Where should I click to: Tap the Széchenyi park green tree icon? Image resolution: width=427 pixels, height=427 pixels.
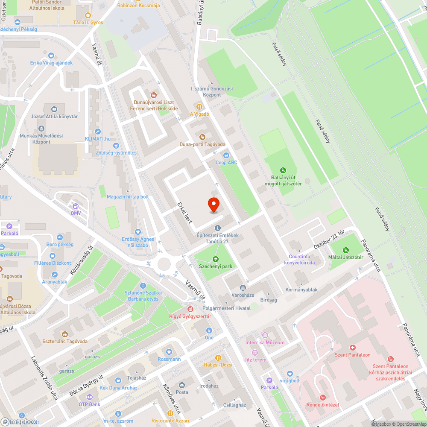(x=216, y=259)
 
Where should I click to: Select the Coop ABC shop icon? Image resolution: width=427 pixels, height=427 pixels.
(x=226, y=155)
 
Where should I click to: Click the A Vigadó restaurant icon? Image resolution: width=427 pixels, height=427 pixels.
(x=199, y=107)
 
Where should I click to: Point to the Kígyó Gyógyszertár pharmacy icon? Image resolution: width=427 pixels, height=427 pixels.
(x=191, y=309)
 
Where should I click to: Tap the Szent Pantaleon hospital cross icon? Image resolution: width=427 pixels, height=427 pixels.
(x=353, y=348)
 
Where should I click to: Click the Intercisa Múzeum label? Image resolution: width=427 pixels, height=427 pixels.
(x=265, y=342)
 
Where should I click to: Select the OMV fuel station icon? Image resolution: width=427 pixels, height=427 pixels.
(x=76, y=206)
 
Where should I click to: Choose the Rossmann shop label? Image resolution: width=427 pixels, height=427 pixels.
(x=169, y=359)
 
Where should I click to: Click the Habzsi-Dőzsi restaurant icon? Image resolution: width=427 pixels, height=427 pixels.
(x=218, y=357)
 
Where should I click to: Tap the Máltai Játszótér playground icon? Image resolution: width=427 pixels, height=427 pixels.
(x=346, y=250)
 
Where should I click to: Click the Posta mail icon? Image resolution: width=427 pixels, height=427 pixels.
(x=182, y=385)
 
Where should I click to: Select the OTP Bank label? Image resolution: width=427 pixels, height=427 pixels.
(x=89, y=404)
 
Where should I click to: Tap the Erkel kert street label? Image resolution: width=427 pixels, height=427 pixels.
(x=184, y=213)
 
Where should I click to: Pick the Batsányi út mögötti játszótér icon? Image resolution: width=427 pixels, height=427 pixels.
(x=283, y=170)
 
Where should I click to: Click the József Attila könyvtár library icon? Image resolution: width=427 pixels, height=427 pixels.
(x=54, y=109)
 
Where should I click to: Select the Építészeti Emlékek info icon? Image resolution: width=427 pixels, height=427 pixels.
(x=218, y=228)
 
